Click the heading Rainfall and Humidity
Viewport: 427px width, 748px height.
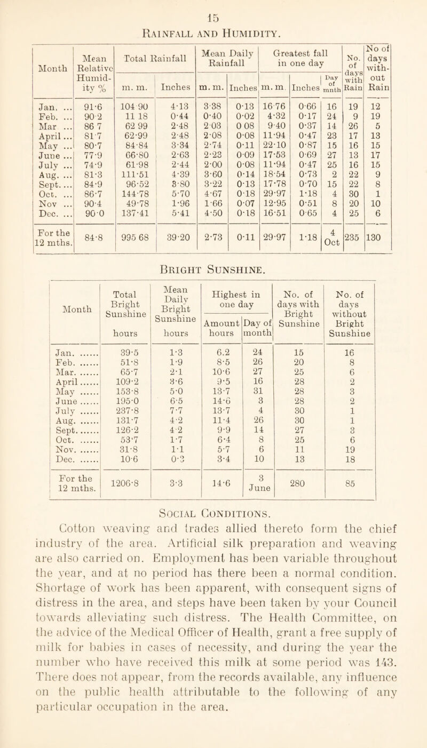click(212, 22)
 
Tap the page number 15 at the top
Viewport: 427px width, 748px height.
click(213, 6)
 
